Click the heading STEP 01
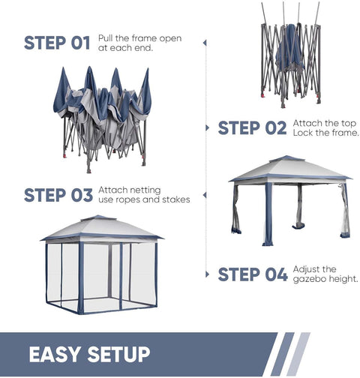click(x=57, y=43)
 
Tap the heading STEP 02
click(x=252, y=128)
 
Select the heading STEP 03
click(x=58, y=195)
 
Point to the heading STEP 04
click(x=253, y=274)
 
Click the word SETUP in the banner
click(x=118, y=354)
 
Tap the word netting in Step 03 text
click(x=145, y=190)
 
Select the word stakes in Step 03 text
click(x=176, y=199)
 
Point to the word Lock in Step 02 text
click(x=302, y=133)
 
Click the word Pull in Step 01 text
click(x=106, y=38)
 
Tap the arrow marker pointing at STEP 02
click(x=207, y=128)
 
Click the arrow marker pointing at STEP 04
click(x=207, y=274)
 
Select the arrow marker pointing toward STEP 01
click(x=205, y=43)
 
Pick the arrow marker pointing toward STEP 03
click(x=205, y=195)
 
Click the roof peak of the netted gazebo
click(x=98, y=216)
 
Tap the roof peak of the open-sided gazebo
click(x=286, y=157)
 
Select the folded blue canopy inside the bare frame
click(x=289, y=47)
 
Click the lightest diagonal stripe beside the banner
click(x=298, y=354)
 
